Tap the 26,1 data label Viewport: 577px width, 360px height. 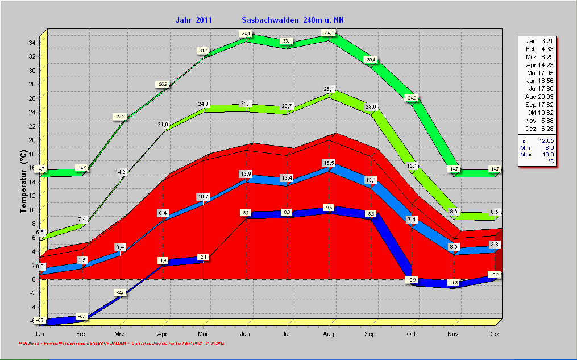[329, 89]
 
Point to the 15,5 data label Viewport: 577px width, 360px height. [329, 163]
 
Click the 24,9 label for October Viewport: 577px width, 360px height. [412, 98]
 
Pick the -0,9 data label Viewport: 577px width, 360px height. [412, 280]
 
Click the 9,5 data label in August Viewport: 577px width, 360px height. [329, 208]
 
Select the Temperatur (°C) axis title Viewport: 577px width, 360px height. [23, 182]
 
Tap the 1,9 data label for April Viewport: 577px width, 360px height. [163, 260]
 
